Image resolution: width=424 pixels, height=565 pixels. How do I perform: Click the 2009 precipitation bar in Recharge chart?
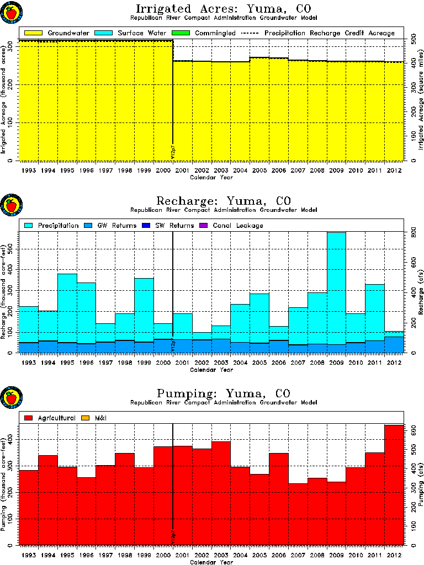pyautogui.click(x=336, y=287)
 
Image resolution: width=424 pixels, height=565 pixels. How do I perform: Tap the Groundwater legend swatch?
pyautogui.click(x=33, y=33)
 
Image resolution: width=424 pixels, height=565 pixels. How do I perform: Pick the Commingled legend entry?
pyautogui.click(x=204, y=33)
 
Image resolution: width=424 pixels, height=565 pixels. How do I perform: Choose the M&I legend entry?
pyautogui.click(x=93, y=418)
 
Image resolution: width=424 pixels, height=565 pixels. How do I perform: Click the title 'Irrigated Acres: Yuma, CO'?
pyautogui.click(x=224, y=9)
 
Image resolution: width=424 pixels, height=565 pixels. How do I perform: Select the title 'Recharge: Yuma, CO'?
pyautogui.click(x=224, y=200)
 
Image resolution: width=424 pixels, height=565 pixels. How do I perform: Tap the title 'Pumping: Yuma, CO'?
pyautogui.click(x=224, y=393)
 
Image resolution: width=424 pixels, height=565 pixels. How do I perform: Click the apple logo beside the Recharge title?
pyautogui.click(x=11, y=206)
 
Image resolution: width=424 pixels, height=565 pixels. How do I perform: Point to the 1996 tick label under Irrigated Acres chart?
pyautogui.click(x=86, y=170)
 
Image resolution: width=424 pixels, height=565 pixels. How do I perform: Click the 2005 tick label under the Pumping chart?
pyautogui.click(x=259, y=555)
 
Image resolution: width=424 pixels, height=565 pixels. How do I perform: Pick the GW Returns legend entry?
pyautogui.click(x=105, y=225)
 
